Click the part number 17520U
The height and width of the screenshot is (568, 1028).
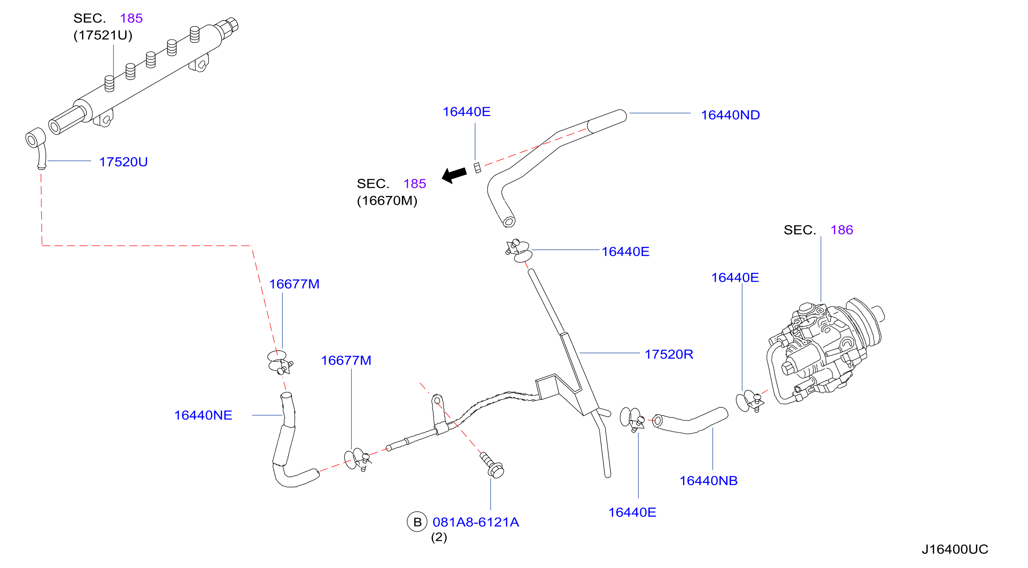tap(123, 162)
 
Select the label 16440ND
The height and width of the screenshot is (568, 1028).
tap(730, 115)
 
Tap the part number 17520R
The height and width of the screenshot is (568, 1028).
tap(669, 354)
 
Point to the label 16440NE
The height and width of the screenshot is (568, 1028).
tap(203, 415)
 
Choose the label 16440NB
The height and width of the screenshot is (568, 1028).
tap(708, 481)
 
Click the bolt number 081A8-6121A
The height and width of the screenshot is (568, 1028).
tap(476, 522)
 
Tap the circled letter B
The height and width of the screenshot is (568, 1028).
tap(417, 522)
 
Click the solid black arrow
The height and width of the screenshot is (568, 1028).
tap(454, 175)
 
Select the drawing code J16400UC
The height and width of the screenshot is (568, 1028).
tap(955, 549)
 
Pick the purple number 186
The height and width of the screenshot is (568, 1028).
tap(842, 230)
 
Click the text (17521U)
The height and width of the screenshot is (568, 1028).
tap(103, 35)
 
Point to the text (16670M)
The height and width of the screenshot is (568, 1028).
tap(387, 201)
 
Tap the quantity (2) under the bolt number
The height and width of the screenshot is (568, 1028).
tap(439, 537)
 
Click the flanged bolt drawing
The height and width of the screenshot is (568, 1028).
tap(492, 465)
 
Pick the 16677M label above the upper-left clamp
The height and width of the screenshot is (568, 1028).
tap(294, 284)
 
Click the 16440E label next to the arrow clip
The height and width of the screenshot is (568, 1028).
tap(467, 112)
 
